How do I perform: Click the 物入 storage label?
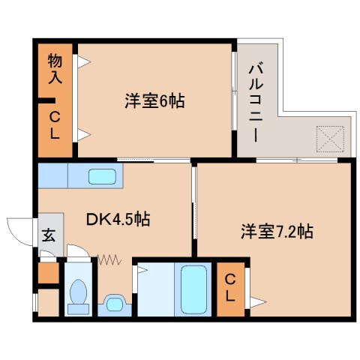coord(55,67)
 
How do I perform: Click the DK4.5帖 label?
coord(118,219)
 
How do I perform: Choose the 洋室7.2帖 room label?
coord(277,231)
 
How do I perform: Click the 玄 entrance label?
coord(48,235)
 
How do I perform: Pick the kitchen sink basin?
coord(102,176)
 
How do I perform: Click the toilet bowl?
coord(76,295)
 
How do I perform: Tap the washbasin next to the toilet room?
coord(113,303)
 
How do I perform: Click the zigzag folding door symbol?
coord(109,259)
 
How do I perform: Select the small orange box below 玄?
coord(48,273)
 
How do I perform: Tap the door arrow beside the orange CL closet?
coord(256,301)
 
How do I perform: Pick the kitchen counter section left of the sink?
coord(52,176)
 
